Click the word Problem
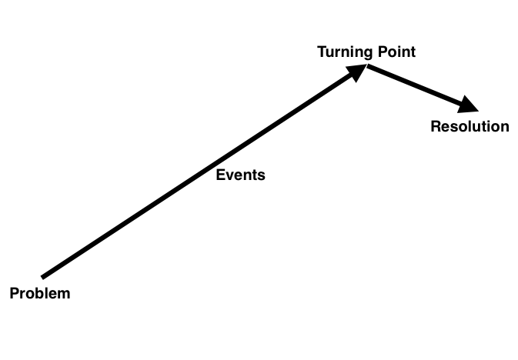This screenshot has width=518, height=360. pyautogui.click(x=39, y=293)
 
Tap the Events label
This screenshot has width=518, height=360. pyautogui.click(x=240, y=175)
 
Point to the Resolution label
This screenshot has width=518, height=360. pyautogui.click(x=470, y=126)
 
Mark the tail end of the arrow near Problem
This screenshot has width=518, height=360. pyautogui.click(x=44, y=275)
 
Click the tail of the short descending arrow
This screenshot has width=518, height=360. pyautogui.click(x=369, y=67)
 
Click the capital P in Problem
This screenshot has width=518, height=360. pyautogui.click(x=14, y=293)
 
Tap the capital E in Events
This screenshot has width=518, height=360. pyautogui.click(x=220, y=175)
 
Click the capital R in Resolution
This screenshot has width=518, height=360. pyautogui.click(x=435, y=126)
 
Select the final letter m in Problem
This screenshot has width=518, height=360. pyautogui.click(x=65, y=293)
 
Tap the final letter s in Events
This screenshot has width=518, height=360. pyautogui.click(x=261, y=175)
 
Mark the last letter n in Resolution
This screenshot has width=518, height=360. pyautogui.click(x=504, y=127)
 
